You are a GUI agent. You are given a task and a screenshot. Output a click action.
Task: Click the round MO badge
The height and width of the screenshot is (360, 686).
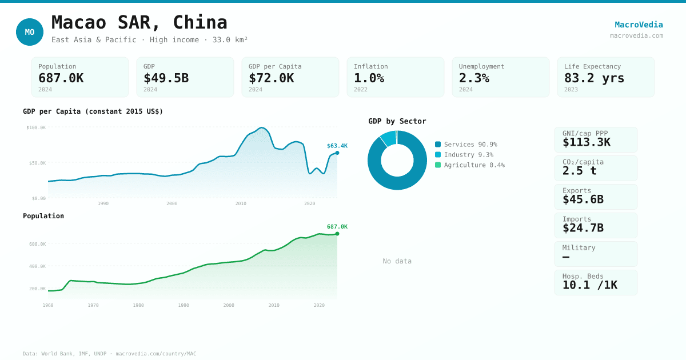[x=30, y=32]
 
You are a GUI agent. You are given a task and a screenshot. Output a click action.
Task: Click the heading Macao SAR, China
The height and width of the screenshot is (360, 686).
[x=139, y=22]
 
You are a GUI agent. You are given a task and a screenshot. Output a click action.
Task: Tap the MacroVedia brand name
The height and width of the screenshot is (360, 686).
[x=639, y=25]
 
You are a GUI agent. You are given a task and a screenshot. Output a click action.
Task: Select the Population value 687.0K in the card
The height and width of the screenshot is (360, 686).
[x=61, y=78]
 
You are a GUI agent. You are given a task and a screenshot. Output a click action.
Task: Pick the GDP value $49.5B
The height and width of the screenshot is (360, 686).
[x=166, y=78]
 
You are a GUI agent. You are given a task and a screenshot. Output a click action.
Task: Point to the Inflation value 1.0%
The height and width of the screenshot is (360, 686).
[x=369, y=78]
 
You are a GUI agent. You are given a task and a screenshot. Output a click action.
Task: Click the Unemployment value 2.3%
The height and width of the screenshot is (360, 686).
[x=474, y=78]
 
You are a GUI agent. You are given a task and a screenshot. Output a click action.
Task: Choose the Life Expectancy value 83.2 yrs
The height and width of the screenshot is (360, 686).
[x=594, y=78]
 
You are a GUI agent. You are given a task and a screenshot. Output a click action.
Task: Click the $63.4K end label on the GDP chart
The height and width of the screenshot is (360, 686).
[x=337, y=146]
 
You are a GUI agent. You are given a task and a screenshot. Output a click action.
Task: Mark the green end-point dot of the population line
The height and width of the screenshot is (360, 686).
[x=337, y=234]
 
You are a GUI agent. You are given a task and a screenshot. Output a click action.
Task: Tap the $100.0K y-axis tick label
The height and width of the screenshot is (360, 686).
[x=36, y=127]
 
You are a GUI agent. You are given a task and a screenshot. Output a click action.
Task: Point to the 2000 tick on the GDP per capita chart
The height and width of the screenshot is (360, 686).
[x=172, y=203]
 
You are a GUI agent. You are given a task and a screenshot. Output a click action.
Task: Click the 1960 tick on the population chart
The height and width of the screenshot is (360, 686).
[x=48, y=305]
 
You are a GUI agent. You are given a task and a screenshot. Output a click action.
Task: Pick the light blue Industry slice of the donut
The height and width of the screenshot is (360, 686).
[x=389, y=138]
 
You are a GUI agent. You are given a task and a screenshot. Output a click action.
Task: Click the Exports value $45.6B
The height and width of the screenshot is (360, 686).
[x=583, y=199]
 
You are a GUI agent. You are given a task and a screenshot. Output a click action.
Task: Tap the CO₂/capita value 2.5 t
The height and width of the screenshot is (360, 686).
[x=579, y=171]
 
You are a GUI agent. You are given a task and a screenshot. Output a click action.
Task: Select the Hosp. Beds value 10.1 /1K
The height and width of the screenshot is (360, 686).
[x=589, y=285]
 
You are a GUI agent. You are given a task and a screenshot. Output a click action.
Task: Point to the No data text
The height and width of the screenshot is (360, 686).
[x=397, y=261]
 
